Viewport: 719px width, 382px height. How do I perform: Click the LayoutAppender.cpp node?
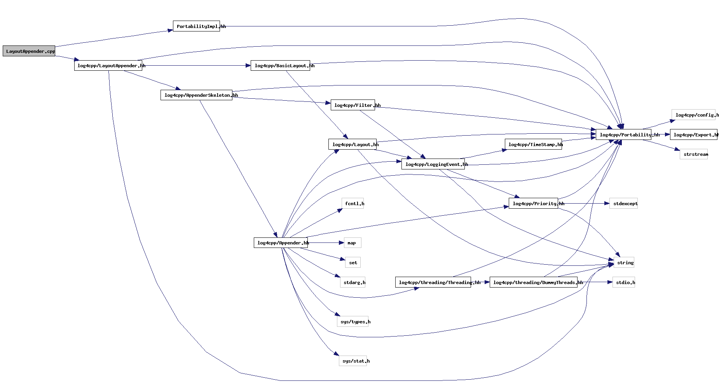point(29,51)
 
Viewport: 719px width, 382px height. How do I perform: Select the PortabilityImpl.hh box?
point(196,26)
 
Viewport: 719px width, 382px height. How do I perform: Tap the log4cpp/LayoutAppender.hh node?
point(108,66)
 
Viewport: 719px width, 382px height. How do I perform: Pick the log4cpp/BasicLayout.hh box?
point(280,66)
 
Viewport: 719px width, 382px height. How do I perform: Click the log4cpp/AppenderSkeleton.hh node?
point(196,95)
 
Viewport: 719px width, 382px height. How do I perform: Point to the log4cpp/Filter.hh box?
point(353,105)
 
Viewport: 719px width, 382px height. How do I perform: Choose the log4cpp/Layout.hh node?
point(352,145)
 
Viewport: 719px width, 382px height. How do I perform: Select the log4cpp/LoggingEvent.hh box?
point(433,164)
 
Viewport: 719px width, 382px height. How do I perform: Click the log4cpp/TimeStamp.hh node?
point(533,145)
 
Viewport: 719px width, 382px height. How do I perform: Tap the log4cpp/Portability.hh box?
point(623,135)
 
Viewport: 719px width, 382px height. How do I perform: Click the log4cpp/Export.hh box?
point(693,135)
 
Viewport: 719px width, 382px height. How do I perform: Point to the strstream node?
point(693,154)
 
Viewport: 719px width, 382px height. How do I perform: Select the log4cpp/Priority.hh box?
point(533,204)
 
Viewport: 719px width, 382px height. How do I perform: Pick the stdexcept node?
point(623,204)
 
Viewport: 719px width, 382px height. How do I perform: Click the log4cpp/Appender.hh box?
point(281,243)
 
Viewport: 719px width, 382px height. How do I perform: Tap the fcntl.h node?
point(353,204)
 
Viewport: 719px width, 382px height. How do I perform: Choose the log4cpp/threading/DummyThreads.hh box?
point(533,283)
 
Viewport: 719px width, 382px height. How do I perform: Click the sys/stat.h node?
point(353,361)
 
